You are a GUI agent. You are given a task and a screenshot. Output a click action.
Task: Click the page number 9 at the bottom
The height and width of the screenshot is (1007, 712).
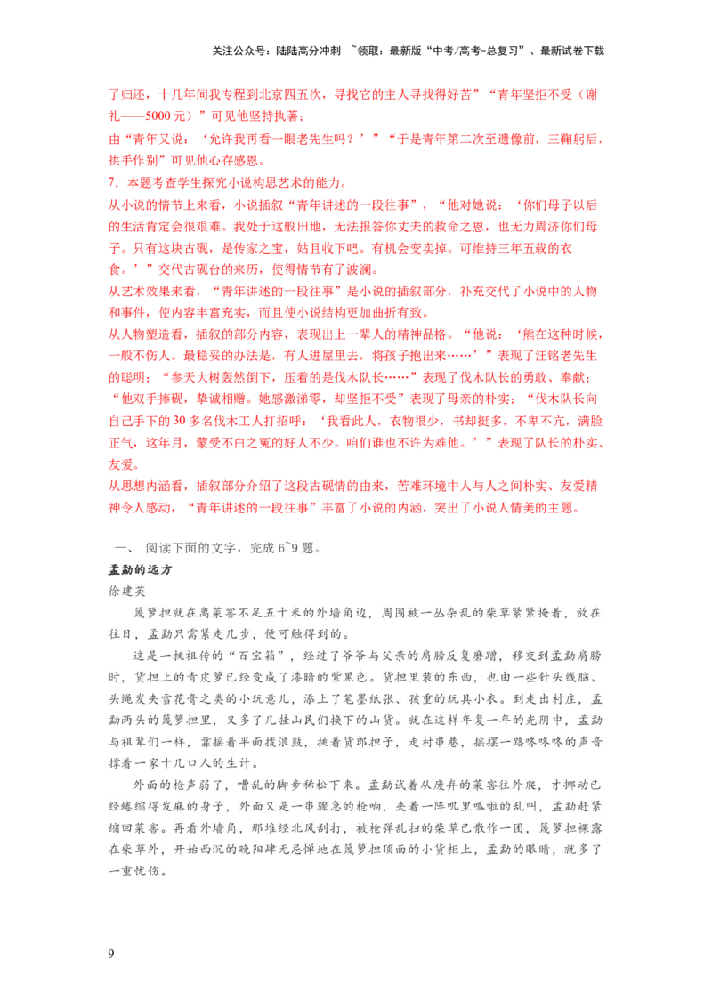tap(111, 954)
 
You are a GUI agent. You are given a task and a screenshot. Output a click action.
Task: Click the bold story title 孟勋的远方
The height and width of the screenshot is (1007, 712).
tap(140, 569)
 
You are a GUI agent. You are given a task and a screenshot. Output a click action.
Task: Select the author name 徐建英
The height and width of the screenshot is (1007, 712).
tap(127, 591)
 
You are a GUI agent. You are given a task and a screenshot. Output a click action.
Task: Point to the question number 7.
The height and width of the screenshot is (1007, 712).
tap(112, 183)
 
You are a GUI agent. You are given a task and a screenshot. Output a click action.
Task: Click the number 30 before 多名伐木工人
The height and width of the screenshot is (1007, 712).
tap(179, 422)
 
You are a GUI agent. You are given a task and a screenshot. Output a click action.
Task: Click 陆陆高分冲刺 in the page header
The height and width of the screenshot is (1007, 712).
tap(309, 51)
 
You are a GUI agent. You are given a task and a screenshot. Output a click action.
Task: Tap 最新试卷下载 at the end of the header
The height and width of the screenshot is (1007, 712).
tap(572, 51)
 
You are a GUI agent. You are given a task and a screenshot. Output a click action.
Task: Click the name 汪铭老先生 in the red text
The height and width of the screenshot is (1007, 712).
tap(565, 356)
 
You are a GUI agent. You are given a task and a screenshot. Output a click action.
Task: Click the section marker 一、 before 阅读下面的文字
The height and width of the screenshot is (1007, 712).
tap(124, 548)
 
